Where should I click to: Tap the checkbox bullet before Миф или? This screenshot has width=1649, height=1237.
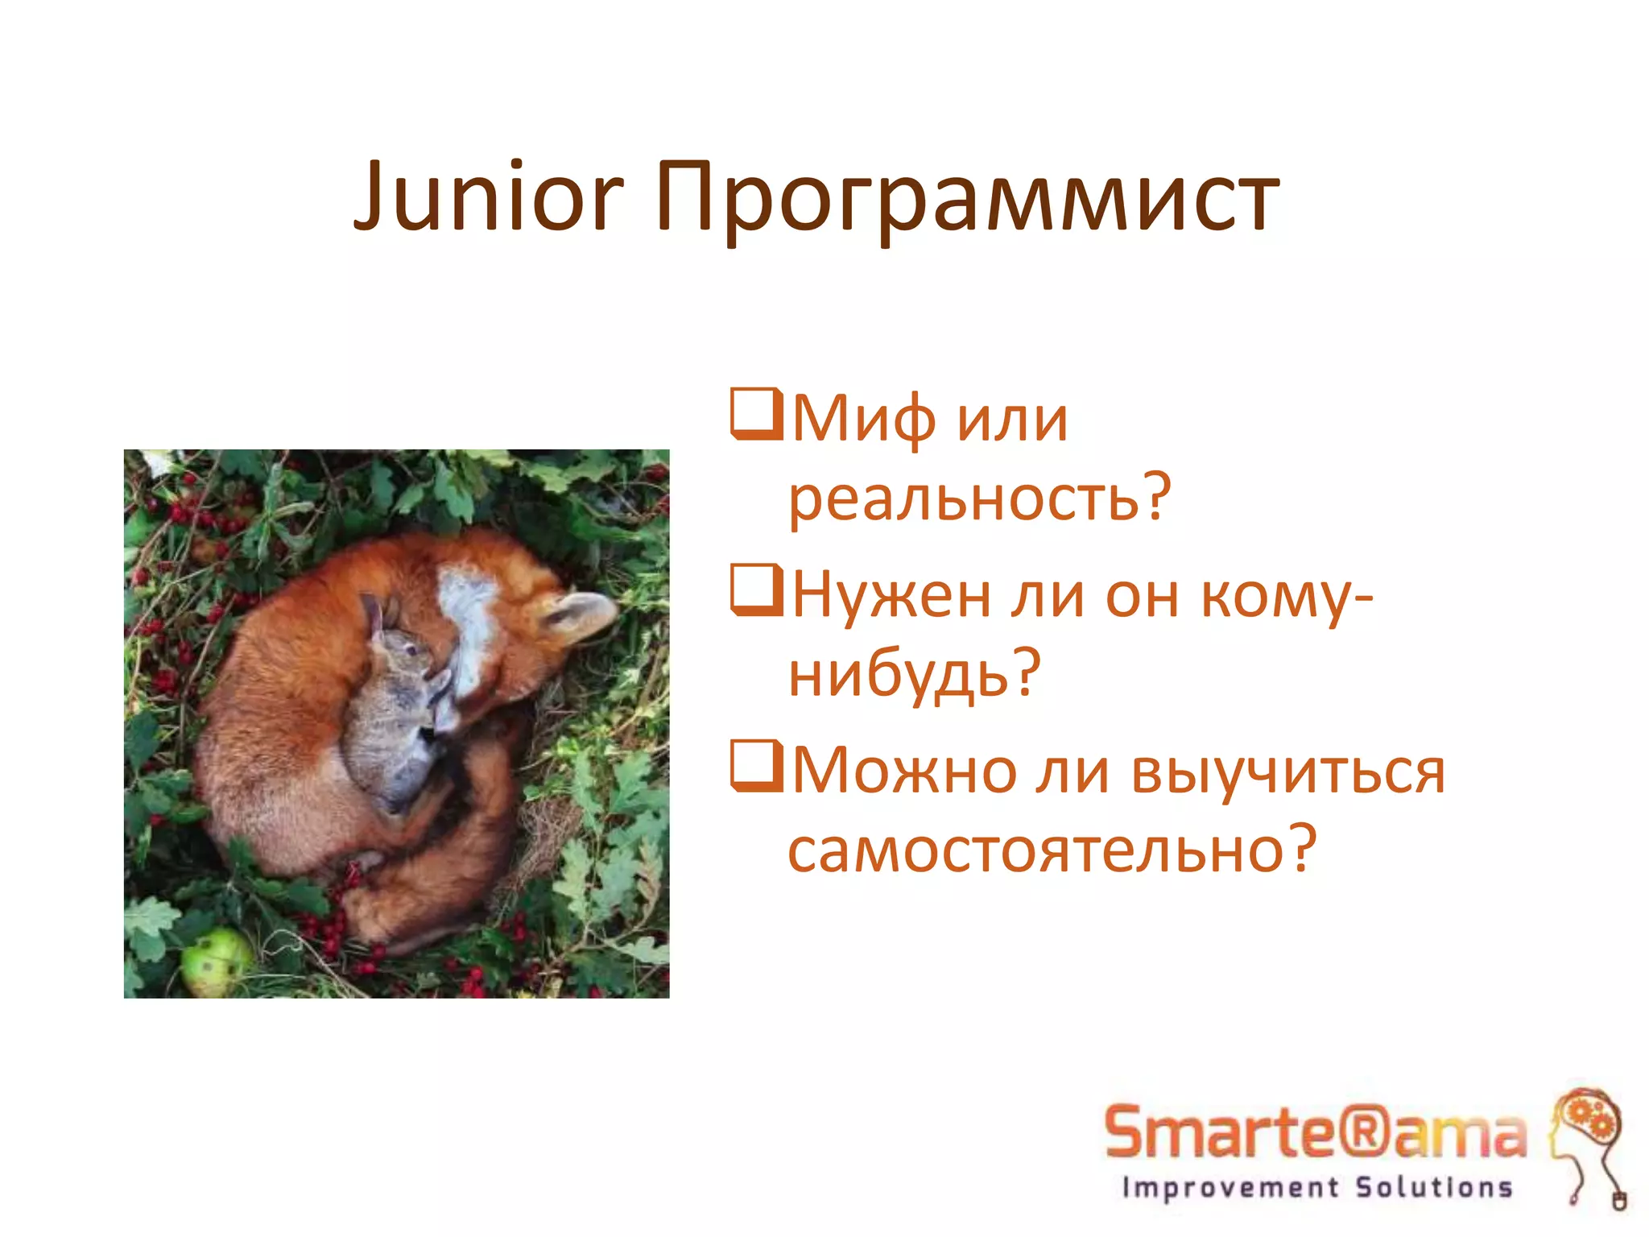click(755, 414)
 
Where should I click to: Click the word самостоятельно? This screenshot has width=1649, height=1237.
click(1039, 849)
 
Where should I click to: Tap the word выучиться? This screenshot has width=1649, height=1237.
click(1288, 771)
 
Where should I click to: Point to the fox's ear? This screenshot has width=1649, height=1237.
click(581, 614)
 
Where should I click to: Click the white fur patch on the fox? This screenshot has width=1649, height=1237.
click(470, 620)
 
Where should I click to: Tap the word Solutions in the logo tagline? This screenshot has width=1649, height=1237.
click(1433, 1187)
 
